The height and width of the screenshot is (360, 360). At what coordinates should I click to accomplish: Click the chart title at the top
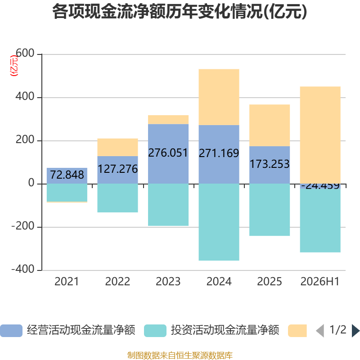(180, 12)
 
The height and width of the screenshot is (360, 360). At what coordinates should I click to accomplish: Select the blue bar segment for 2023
(168, 154)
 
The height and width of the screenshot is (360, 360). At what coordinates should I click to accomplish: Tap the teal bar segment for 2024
(219, 222)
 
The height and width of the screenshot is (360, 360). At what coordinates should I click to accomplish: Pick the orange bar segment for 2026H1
(320, 135)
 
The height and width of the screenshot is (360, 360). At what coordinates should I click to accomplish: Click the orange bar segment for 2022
(117, 148)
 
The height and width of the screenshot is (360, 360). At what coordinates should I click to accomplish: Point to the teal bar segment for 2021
(67, 193)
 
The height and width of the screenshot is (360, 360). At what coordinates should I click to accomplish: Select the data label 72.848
(67, 175)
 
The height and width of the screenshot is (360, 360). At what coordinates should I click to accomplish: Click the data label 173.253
(270, 164)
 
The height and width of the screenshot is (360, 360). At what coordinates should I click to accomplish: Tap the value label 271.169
(219, 153)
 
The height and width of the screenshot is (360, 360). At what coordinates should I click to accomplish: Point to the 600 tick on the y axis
(25, 53)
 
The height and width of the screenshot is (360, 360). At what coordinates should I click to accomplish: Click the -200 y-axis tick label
(23, 226)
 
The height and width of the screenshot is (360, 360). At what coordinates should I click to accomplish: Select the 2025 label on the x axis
(270, 282)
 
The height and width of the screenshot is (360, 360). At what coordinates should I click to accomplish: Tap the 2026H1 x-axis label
(320, 282)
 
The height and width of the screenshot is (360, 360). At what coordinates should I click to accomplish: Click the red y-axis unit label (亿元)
(14, 66)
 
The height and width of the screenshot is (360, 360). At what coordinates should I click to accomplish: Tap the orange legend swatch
(297, 331)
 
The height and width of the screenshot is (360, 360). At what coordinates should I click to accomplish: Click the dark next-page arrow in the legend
(355, 331)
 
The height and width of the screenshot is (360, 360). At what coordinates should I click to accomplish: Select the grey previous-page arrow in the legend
(320, 331)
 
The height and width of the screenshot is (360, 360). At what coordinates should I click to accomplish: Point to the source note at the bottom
(180, 355)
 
